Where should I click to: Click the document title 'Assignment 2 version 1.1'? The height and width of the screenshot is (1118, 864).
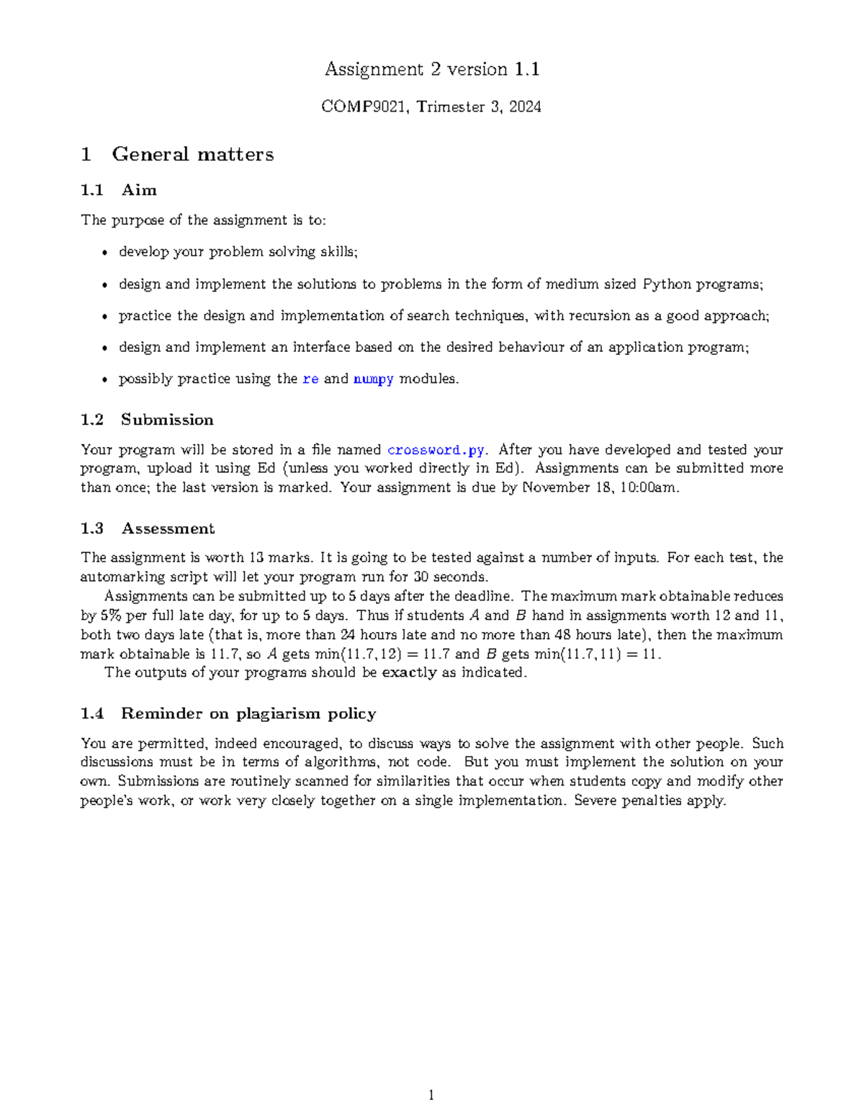tap(432, 69)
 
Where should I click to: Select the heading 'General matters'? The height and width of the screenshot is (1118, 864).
tap(192, 154)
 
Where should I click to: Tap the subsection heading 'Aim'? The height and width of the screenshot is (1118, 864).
tap(139, 190)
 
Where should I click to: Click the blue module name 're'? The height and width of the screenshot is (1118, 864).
tap(310, 379)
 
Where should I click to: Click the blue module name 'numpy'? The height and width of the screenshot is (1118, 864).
tap(373, 379)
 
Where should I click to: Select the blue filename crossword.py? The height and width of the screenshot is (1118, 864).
tap(436, 450)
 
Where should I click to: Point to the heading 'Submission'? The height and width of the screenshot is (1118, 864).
tap(167, 420)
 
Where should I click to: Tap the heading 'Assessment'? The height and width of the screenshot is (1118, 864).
tap(168, 528)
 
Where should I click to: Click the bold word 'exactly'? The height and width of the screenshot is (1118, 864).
tap(409, 672)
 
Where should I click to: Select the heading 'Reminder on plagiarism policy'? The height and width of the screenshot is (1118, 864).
tap(248, 713)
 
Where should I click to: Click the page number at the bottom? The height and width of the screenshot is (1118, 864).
tap(431, 1095)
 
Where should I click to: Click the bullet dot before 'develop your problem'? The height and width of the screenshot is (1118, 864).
tap(105, 253)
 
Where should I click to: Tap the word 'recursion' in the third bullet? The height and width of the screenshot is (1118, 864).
tap(599, 316)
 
